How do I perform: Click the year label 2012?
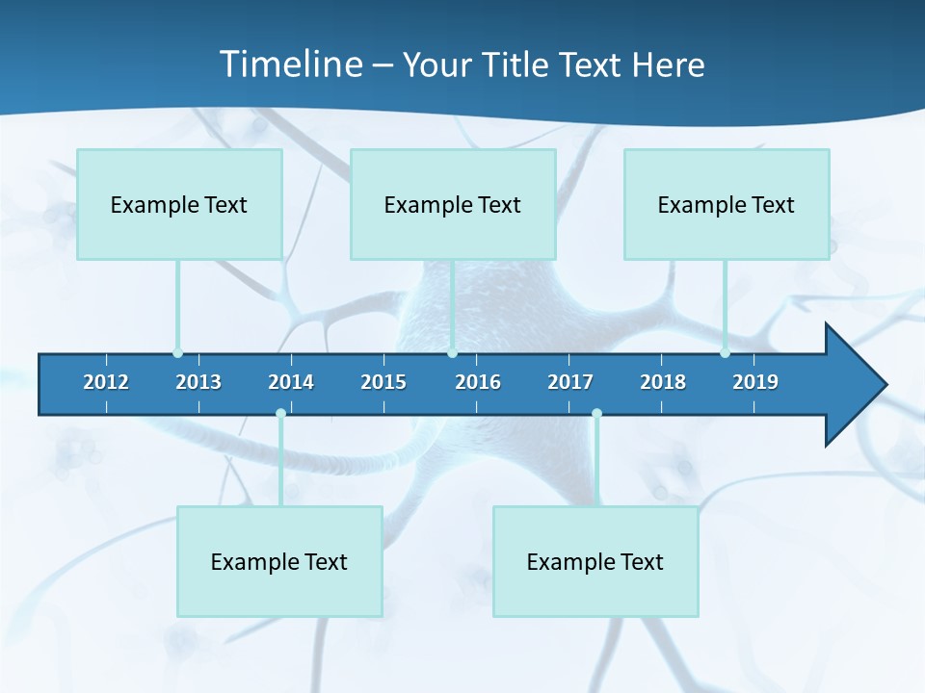click(x=106, y=382)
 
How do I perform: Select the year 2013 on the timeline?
click(x=198, y=382)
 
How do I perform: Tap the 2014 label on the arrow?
click(x=291, y=382)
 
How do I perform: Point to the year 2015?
click(x=383, y=382)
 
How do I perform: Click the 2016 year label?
click(x=478, y=382)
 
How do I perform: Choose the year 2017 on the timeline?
click(x=570, y=382)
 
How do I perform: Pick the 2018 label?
click(x=663, y=382)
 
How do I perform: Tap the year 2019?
click(x=755, y=382)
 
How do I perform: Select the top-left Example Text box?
click(x=179, y=204)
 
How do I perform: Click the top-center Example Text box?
click(x=453, y=204)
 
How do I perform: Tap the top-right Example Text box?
click(x=727, y=204)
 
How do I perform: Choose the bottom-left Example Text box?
click(x=279, y=561)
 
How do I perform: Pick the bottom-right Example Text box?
click(x=595, y=561)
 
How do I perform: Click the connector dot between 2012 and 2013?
click(x=177, y=353)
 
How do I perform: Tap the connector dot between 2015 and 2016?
click(x=452, y=353)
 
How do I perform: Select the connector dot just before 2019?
click(x=725, y=353)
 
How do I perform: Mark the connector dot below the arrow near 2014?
click(x=280, y=414)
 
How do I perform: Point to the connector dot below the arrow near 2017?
click(x=596, y=414)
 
